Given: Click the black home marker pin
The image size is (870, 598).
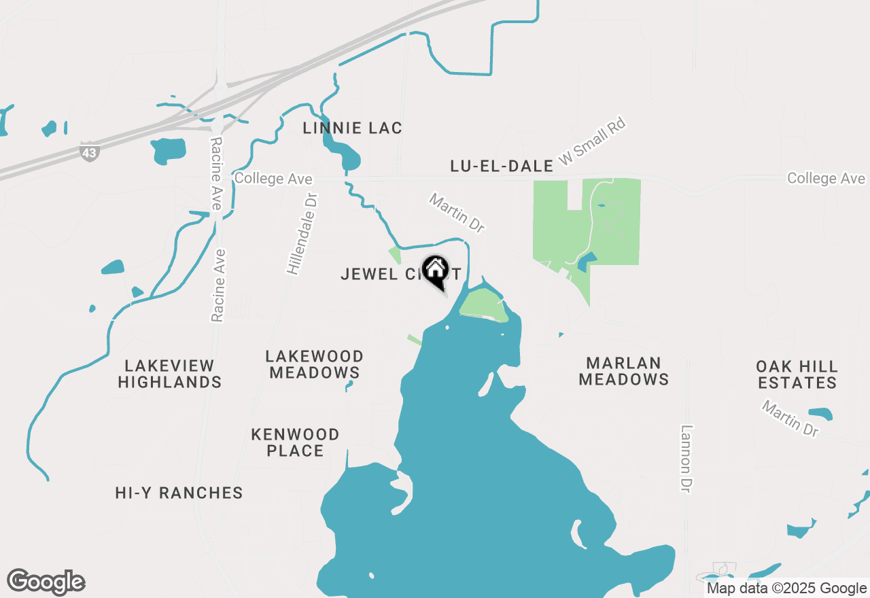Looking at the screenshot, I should click(436, 270).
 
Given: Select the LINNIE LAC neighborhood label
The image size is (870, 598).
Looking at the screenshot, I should click(353, 128).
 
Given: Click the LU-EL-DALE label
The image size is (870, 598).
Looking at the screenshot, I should click(502, 166).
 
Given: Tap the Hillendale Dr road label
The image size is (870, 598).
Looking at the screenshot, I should click(303, 233).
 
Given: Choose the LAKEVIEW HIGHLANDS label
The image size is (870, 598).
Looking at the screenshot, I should click(169, 374).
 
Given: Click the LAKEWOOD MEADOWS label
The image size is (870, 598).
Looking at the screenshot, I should click(315, 364).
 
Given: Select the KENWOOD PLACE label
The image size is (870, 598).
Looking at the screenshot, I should click(295, 442).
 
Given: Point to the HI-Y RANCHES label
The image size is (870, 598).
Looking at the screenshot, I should click(179, 493).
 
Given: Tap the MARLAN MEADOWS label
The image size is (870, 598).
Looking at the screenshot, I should click(623, 371).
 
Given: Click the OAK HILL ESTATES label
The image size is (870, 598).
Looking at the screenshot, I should click(797, 374).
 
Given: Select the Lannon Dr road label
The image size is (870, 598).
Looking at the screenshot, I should click(686, 459).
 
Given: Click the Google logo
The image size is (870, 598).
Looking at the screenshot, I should click(46, 582).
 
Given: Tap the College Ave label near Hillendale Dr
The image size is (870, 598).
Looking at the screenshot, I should click(273, 179).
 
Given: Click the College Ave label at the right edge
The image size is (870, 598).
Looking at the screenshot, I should click(826, 178).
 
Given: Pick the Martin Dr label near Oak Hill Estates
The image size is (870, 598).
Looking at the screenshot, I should click(790, 419).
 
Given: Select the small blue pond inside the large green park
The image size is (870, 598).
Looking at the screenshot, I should click(587, 260).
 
